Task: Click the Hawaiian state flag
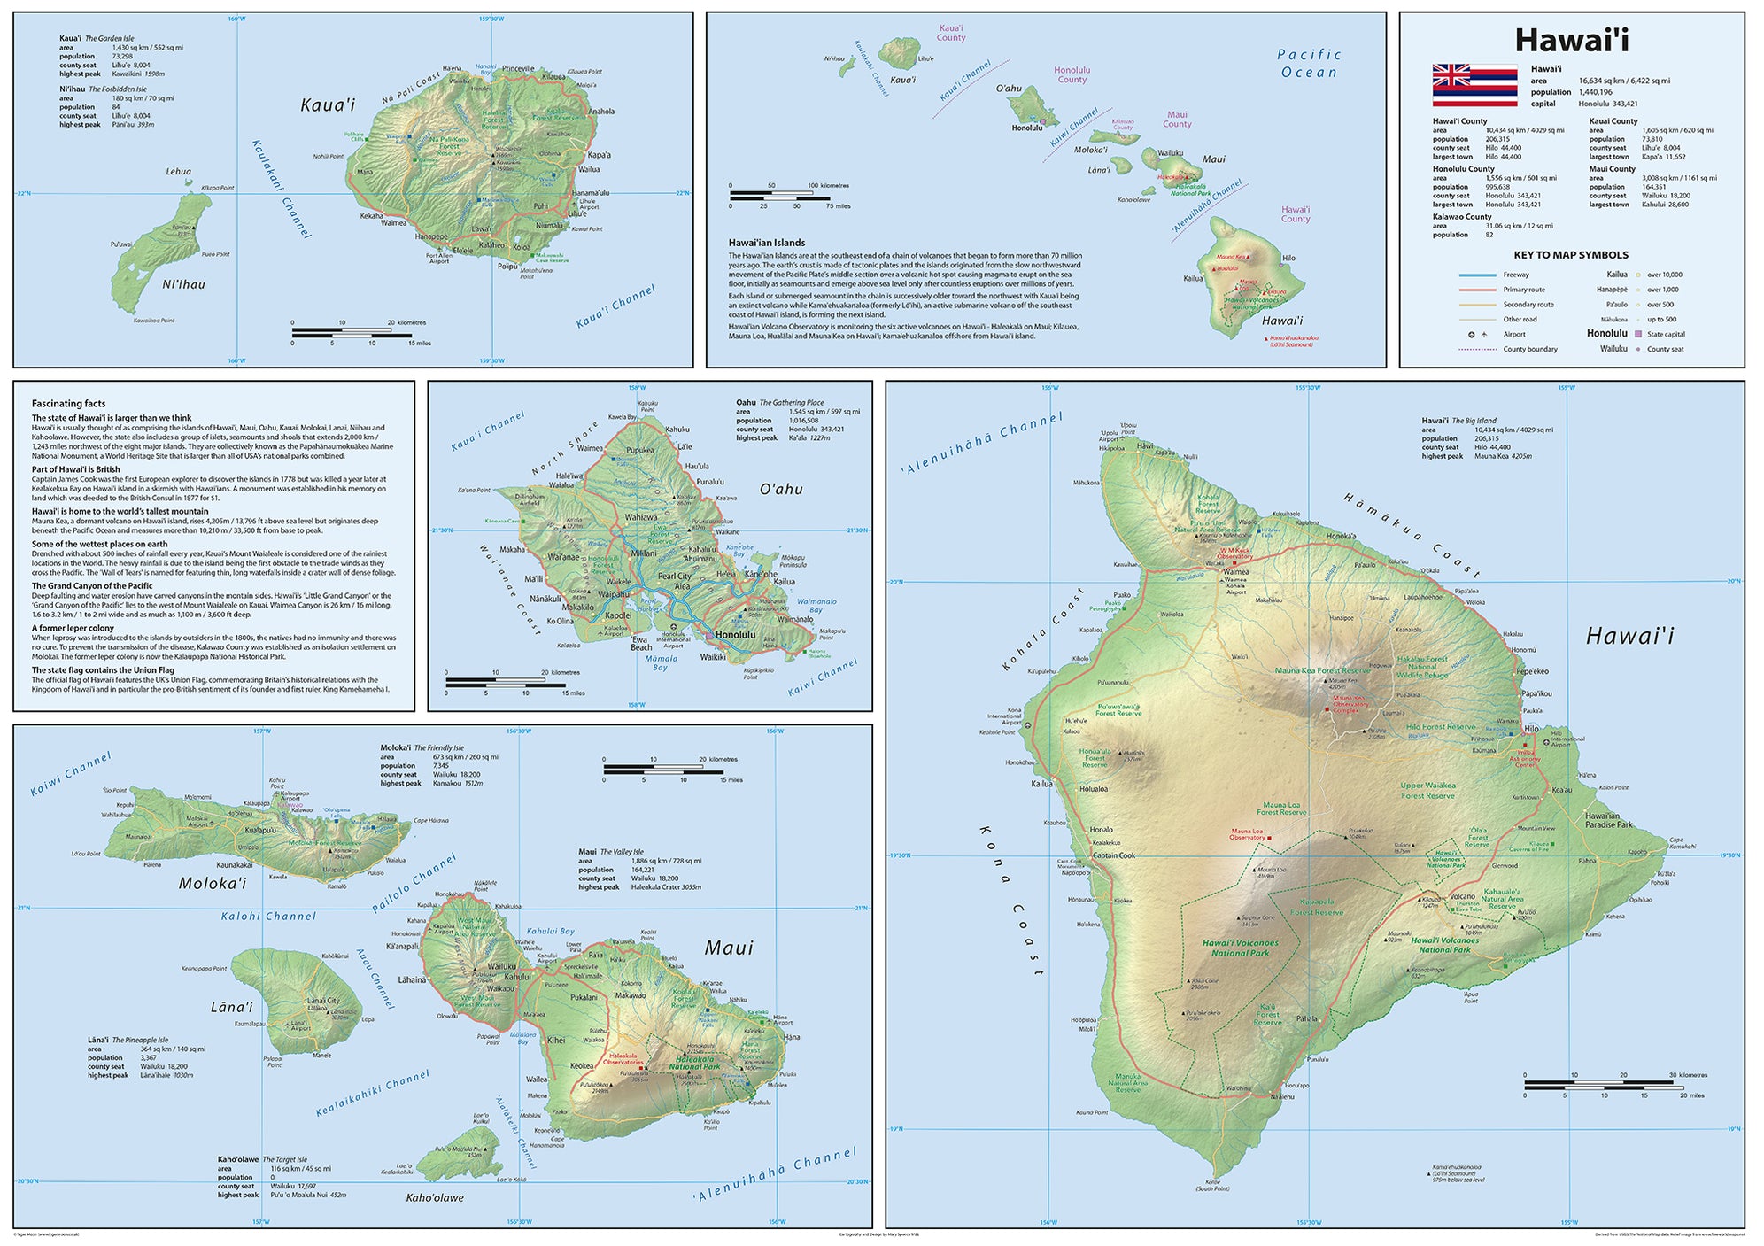(1474, 86)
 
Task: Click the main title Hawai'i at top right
(1571, 41)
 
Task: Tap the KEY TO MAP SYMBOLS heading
(1571, 255)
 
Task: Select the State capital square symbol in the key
(1638, 334)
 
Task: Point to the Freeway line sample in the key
(1477, 275)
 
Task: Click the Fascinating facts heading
(68, 403)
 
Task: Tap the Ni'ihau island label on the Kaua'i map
(183, 284)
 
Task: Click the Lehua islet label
(178, 172)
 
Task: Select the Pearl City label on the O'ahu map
(675, 577)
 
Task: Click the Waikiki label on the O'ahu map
(713, 657)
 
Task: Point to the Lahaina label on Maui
(412, 980)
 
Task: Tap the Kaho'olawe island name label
(434, 1198)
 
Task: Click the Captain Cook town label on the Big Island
(1113, 855)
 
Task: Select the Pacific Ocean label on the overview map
(1309, 64)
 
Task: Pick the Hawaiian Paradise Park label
(1608, 820)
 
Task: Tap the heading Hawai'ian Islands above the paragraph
(766, 243)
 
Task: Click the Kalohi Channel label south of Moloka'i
(268, 917)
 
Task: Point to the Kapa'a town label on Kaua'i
(599, 155)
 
